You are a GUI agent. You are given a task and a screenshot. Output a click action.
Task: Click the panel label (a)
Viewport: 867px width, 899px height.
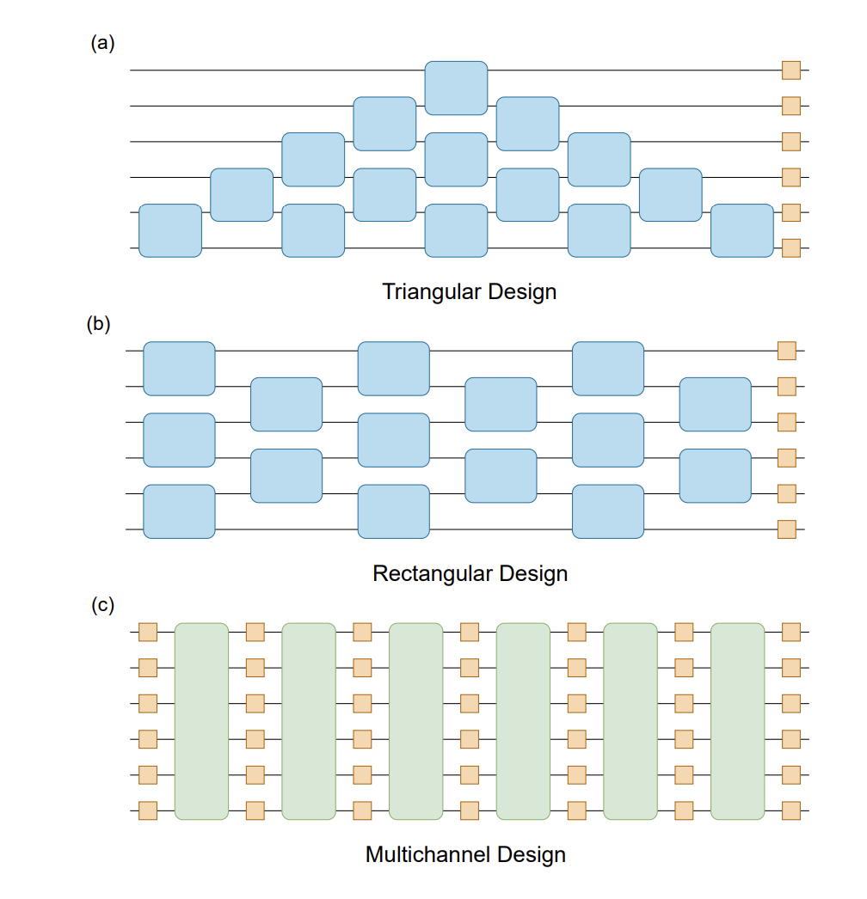[102, 44]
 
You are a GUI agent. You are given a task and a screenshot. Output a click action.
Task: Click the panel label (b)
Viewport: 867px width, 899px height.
[99, 325]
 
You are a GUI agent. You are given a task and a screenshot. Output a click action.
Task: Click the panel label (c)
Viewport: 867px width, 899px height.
[102, 605]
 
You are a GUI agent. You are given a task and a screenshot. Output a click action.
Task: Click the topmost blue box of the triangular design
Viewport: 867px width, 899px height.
[456, 88]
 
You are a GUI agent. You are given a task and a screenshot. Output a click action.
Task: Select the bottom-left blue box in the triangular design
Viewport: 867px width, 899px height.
[170, 230]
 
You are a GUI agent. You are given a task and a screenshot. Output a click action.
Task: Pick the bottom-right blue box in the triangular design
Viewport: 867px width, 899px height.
[741, 230]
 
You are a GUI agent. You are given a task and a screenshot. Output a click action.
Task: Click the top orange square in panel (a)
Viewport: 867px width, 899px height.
[790, 70]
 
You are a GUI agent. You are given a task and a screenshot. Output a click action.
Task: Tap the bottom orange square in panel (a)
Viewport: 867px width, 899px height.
[790, 248]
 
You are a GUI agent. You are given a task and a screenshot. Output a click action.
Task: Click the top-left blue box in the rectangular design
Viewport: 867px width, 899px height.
[179, 368]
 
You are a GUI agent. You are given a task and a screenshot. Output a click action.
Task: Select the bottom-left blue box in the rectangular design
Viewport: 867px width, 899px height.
[179, 511]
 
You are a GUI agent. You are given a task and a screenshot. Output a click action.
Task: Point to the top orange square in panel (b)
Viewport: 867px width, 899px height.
[786, 351]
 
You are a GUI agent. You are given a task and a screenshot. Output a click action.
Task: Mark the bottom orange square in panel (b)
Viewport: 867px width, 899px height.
[786, 529]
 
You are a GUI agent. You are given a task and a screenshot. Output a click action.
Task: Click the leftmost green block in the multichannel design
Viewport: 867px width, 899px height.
[201, 721]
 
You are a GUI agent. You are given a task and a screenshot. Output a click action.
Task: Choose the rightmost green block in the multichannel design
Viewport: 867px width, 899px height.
[737, 721]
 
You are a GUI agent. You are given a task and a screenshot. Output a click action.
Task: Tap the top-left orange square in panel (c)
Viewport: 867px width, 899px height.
[148, 632]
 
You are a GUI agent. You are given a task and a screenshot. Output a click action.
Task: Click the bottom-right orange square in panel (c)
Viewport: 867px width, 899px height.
[790, 810]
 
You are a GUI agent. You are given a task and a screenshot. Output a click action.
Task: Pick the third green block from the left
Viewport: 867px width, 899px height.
[415, 721]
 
